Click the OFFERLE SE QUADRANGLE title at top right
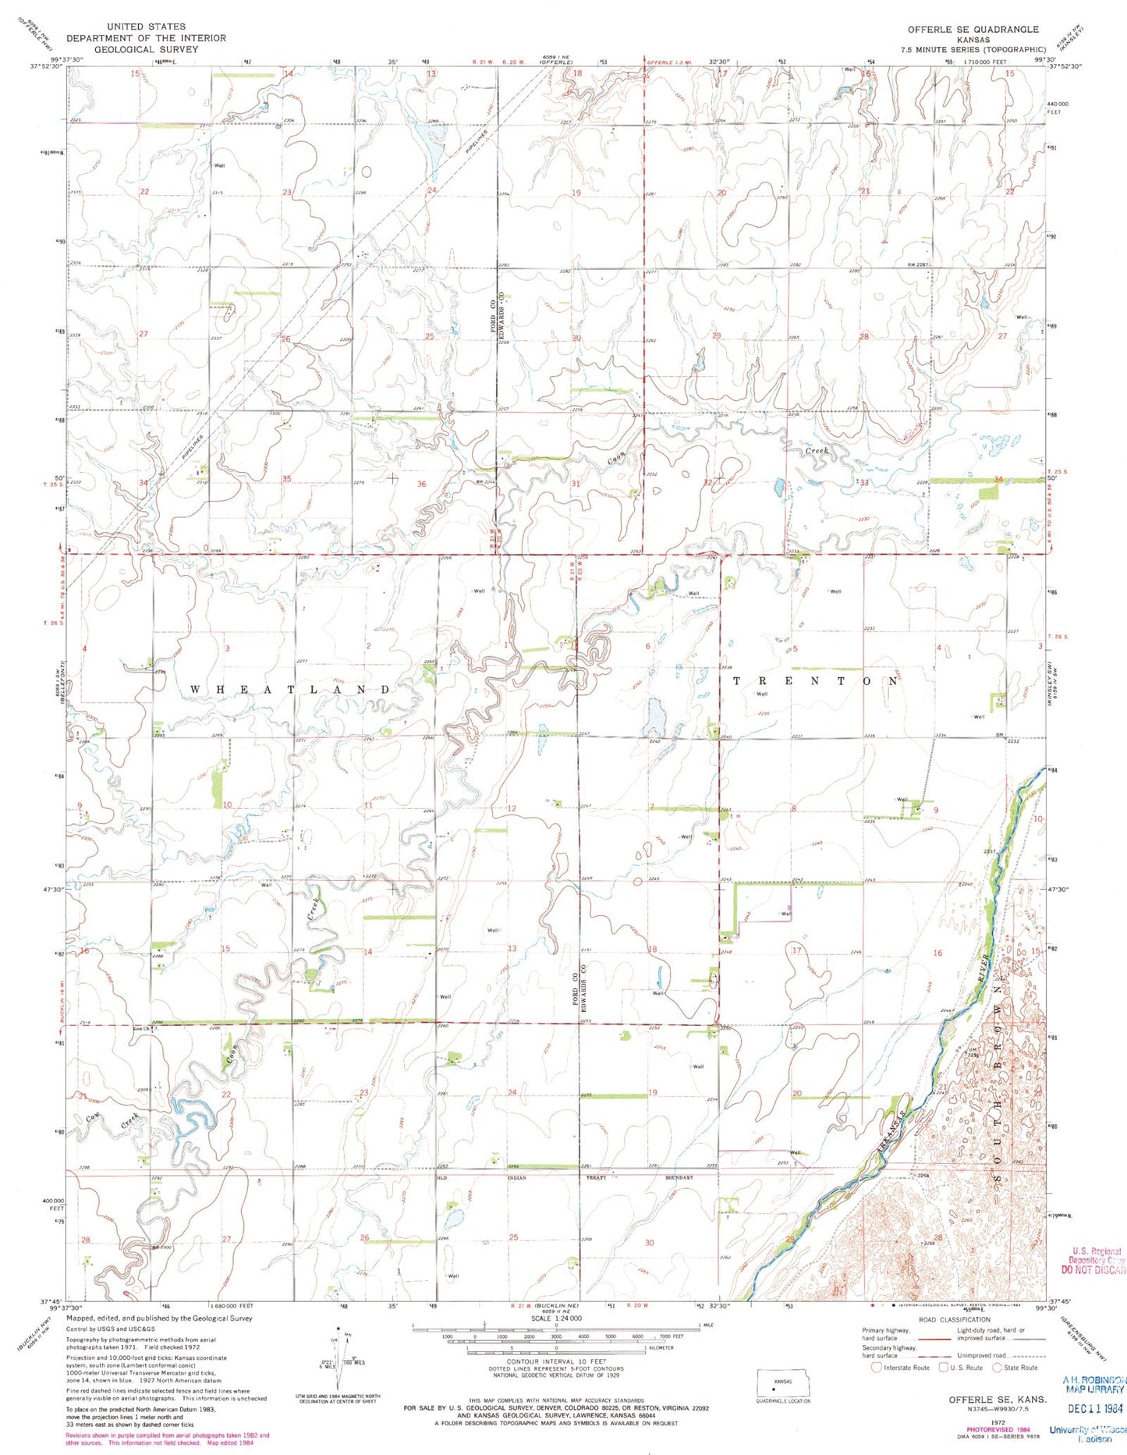click(x=973, y=29)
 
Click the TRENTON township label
click(x=816, y=681)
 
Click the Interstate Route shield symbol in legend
click(x=877, y=1367)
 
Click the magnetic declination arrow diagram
click(x=338, y=1355)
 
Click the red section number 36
click(x=422, y=484)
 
